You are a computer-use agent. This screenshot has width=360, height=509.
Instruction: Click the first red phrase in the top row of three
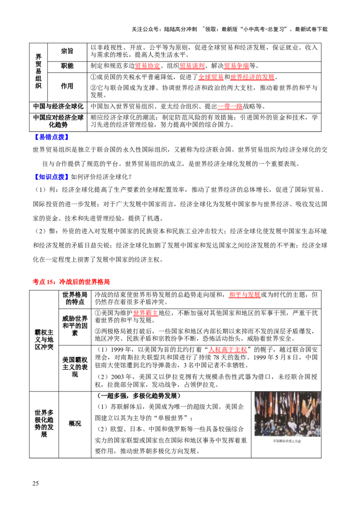tap(148, 67)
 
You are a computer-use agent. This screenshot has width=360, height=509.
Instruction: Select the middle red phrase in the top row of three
tap(193, 67)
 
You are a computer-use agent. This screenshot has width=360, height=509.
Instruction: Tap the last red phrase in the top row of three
tap(237, 67)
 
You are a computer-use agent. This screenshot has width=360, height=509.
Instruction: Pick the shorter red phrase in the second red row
tap(211, 77)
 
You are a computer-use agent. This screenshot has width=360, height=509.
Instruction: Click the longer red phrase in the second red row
tap(252, 77)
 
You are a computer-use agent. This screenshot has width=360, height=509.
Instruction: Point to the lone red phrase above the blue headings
tap(230, 107)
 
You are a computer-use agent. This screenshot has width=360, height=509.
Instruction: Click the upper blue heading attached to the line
tap(51, 137)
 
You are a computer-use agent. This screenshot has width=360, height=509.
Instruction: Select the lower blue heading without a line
tap(51, 178)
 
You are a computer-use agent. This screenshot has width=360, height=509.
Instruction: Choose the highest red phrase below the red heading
tap(244, 295)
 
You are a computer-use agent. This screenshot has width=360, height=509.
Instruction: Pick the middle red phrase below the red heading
tap(146, 314)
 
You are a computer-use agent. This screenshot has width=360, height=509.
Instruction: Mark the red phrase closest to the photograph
tap(227, 351)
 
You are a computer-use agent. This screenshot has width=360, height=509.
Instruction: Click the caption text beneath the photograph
tap(287, 442)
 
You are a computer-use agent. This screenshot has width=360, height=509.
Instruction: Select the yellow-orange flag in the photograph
tap(303, 407)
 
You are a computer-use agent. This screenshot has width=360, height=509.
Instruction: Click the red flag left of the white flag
tap(271, 405)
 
